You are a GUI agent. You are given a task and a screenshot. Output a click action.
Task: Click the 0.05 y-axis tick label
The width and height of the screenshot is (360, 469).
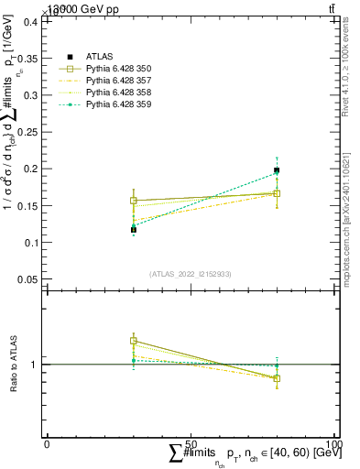[28, 279]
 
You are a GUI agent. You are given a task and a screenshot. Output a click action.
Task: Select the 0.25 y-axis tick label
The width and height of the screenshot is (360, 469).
[28, 132]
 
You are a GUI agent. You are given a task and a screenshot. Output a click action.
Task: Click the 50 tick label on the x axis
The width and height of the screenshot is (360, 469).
[191, 444]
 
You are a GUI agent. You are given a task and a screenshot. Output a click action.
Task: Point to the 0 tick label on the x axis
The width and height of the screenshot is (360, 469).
[48, 444]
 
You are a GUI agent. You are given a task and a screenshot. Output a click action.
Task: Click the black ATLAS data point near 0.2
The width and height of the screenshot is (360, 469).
[277, 170]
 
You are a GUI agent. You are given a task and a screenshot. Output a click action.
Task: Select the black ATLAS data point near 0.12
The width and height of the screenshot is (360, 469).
[134, 230]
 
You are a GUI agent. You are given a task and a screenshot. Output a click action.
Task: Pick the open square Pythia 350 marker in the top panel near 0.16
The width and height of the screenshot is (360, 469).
[134, 201]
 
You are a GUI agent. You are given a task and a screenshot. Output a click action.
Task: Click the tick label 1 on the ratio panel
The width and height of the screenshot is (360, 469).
[35, 365]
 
